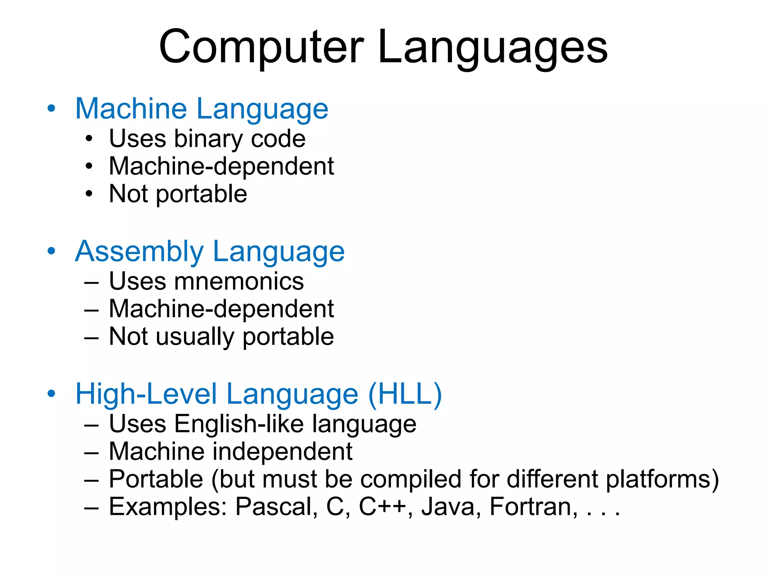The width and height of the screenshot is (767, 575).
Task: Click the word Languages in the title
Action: pyautogui.click(x=492, y=49)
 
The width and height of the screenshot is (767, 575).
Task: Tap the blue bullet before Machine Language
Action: pyautogui.click(x=51, y=109)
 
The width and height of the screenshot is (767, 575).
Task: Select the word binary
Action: pyautogui.click(x=208, y=139)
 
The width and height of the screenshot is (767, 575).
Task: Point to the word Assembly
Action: pyautogui.click(x=139, y=252)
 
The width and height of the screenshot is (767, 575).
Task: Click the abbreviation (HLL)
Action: pyautogui.click(x=405, y=394)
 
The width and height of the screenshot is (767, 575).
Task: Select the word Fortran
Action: pyautogui.click(x=530, y=507)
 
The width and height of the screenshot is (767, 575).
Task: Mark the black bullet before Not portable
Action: pyautogui.click(x=89, y=194)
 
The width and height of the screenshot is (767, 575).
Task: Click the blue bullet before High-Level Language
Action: pyautogui.click(x=51, y=394)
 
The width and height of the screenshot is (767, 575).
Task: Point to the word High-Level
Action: pyautogui.click(x=146, y=394)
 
